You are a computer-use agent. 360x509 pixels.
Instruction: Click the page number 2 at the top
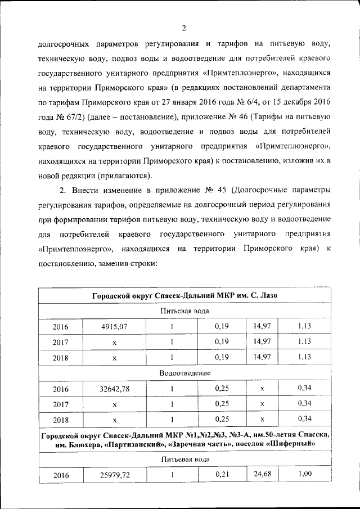tap(183, 29)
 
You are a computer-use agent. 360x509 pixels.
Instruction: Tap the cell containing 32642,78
tap(114, 389)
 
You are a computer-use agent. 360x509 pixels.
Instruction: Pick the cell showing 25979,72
tap(114, 476)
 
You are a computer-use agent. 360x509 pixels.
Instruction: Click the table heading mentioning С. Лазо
tap(184, 296)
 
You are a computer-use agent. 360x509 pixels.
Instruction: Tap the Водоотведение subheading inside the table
tap(184, 373)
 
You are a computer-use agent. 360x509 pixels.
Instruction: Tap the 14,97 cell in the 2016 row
tap(263, 326)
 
